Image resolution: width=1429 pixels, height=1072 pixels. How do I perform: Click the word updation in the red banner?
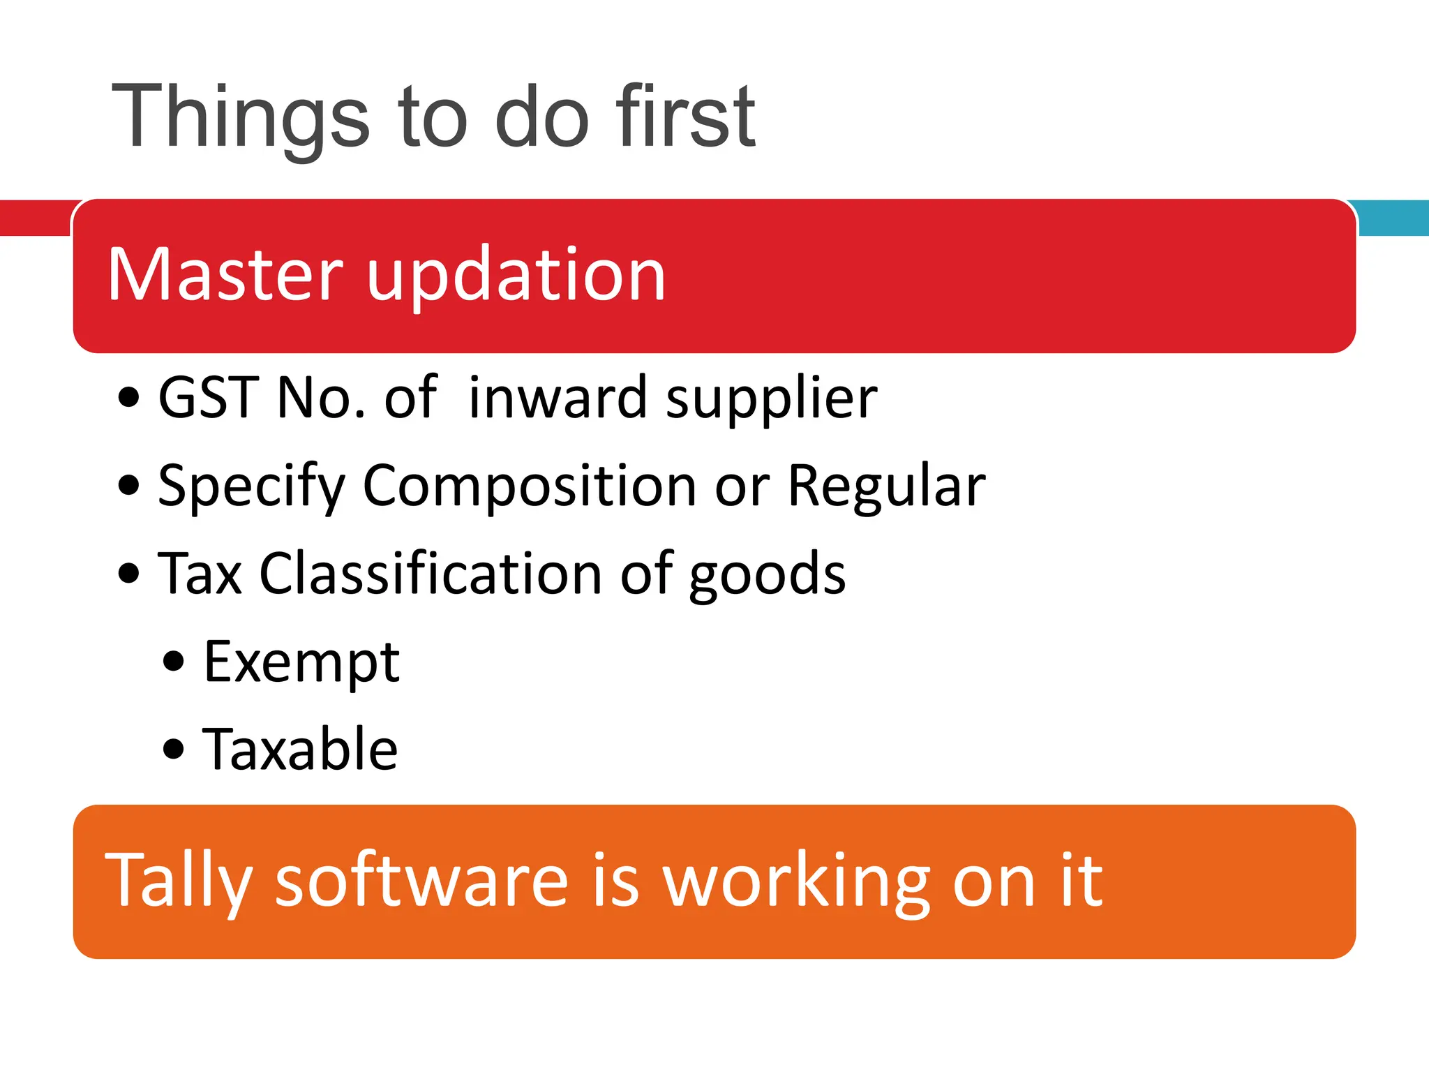pos(516,276)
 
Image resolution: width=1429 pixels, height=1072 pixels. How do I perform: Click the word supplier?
pos(771,399)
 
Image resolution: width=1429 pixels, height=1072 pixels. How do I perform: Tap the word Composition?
pos(529,486)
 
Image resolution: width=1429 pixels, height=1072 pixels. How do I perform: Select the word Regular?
pos(886,486)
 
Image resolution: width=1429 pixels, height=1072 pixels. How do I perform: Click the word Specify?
pos(251,487)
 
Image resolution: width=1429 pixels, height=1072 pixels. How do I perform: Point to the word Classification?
pos(431,574)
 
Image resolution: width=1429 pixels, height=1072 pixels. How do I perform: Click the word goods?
pos(768,575)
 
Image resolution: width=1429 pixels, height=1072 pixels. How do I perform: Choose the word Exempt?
pos(301,662)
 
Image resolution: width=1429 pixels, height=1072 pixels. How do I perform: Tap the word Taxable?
pos(300,749)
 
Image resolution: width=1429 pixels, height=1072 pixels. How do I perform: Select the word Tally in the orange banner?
pos(178,881)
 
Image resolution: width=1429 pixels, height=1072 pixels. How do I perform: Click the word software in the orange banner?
pos(422,881)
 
